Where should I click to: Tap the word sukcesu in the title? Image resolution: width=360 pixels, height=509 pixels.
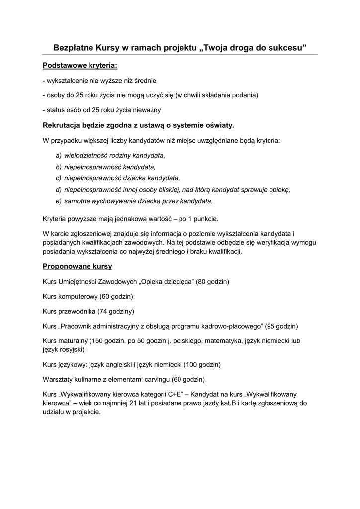tap(287, 47)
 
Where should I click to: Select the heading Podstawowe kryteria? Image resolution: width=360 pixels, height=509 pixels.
tap(80, 65)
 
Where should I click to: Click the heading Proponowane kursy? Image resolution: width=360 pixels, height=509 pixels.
tap(78, 266)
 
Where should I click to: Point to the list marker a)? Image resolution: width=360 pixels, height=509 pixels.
tap(59, 155)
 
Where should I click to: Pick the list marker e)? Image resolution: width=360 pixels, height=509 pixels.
tap(59, 201)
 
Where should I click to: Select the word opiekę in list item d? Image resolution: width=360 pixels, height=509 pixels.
tap(277, 189)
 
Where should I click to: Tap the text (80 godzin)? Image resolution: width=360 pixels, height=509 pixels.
tap(212, 282)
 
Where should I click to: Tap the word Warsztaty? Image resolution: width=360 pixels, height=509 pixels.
tap(58, 379)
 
